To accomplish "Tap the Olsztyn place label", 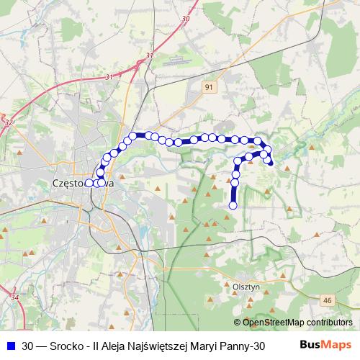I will (x=246, y=286).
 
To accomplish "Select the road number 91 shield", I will (x=210, y=86).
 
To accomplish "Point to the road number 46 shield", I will (x=328, y=300).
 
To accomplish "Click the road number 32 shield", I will (x=8, y=124).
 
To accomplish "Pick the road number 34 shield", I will (x=15, y=296).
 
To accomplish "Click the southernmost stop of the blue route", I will (x=233, y=206).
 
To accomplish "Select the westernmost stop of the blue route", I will (x=89, y=184).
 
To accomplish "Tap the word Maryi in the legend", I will (x=203, y=346).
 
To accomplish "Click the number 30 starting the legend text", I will (x=27, y=346).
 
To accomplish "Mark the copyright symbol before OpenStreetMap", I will (x=238, y=322).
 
